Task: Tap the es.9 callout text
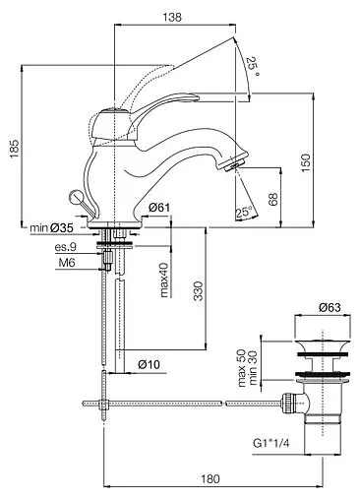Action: point(65,247)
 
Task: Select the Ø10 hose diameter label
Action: point(149,364)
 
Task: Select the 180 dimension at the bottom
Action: point(205,479)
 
